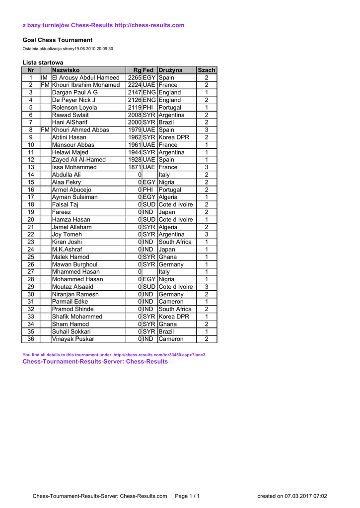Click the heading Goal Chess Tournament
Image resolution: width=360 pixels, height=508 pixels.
coord(58,40)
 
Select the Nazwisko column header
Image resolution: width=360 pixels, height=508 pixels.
coord(66,70)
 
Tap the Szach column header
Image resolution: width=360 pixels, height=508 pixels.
coord(207,70)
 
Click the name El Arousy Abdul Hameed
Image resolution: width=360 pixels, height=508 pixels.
coord(86,78)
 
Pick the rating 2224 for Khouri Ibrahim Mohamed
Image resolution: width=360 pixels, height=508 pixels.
coord(135,85)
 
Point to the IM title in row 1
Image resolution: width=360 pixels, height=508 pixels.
coord(44,78)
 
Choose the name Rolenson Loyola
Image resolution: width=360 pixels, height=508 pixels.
coord(74,108)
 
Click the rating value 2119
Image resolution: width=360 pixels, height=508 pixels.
coord(135,108)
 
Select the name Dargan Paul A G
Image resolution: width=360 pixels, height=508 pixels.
coord(75,93)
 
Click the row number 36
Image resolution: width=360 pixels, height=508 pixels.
coord(30,339)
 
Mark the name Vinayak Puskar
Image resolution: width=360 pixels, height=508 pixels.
coord(73,339)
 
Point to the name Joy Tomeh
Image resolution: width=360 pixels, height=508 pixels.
coord(67,235)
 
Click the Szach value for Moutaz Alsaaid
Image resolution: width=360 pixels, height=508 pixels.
coord(207,287)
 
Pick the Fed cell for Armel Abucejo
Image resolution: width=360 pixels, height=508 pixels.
coord(148,190)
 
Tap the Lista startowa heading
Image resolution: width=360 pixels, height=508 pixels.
coord(43,63)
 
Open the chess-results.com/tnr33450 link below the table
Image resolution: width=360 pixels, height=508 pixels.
coord(159,355)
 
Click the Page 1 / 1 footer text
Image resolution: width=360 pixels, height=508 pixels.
coord(187,496)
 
